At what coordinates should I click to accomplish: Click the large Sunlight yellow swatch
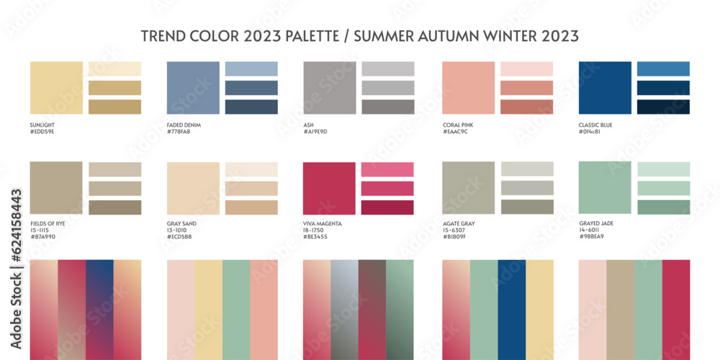[56, 88]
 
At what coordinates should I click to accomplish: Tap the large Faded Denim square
[193, 88]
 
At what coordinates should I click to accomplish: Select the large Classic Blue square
[605, 88]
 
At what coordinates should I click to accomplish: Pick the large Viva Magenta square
[330, 188]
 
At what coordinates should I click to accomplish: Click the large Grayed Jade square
[605, 188]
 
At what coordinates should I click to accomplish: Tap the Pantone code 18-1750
[315, 230]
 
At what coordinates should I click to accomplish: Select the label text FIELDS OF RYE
[48, 224]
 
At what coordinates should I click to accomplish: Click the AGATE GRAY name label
[459, 224]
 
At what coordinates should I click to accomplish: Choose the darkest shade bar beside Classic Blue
[663, 107]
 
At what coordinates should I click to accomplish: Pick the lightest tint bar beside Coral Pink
[526, 69]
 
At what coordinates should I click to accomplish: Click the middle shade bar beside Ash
[388, 88]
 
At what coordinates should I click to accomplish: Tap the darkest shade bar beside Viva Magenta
[387, 207]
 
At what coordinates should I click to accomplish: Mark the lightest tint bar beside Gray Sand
[251, 169]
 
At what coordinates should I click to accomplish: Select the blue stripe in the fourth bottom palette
[511, 310]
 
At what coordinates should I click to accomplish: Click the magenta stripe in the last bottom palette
[676, 310]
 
